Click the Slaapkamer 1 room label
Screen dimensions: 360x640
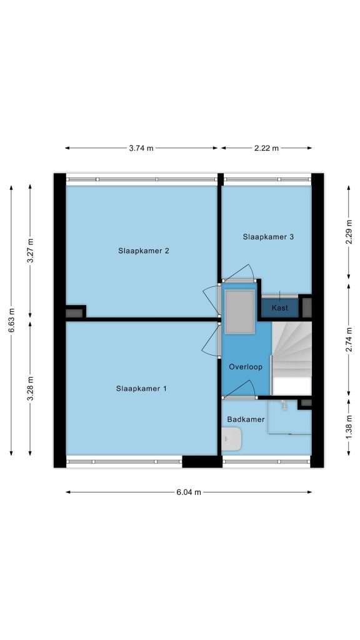141,389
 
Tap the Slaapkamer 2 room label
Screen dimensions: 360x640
144,251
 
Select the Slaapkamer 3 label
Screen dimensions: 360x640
268,237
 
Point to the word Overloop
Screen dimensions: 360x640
245,367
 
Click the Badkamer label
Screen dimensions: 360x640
246,419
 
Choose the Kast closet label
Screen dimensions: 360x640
279,308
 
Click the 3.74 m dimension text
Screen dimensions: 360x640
141,148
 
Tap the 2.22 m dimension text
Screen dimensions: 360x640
266,148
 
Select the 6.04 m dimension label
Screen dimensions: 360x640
189,492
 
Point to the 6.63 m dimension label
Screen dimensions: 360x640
11,320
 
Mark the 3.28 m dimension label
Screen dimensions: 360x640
30,388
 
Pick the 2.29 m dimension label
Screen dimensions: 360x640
349,232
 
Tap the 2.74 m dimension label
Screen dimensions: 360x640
349,340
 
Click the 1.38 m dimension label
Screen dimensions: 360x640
349,427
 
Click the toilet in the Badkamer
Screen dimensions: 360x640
231,439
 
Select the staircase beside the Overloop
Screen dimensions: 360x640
291,358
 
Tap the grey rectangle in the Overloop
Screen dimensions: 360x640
240,312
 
